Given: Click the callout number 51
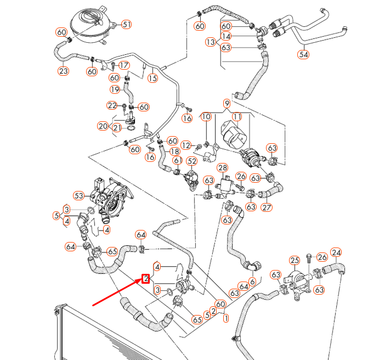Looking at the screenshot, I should (127, 24).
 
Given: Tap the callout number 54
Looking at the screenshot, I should (303, 54).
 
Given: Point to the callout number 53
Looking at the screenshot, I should (78, 195).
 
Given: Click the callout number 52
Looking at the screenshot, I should (191, 161).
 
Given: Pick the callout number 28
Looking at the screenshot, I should (222, 168).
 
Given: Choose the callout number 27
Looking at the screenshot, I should (267, 207).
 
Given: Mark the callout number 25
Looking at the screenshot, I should (295, 260).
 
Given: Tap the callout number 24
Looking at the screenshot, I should (336, 253).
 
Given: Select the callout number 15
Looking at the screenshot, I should (152, 78).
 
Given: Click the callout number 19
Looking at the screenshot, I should (115, 89).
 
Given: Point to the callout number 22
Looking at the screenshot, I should (112, 105).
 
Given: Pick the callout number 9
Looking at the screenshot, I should (227, 103).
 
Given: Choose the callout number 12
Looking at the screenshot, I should (186, 145).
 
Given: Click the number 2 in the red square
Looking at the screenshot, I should (146, 278).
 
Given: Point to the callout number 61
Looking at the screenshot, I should (178, 160).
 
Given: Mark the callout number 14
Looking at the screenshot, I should (226, 36).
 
